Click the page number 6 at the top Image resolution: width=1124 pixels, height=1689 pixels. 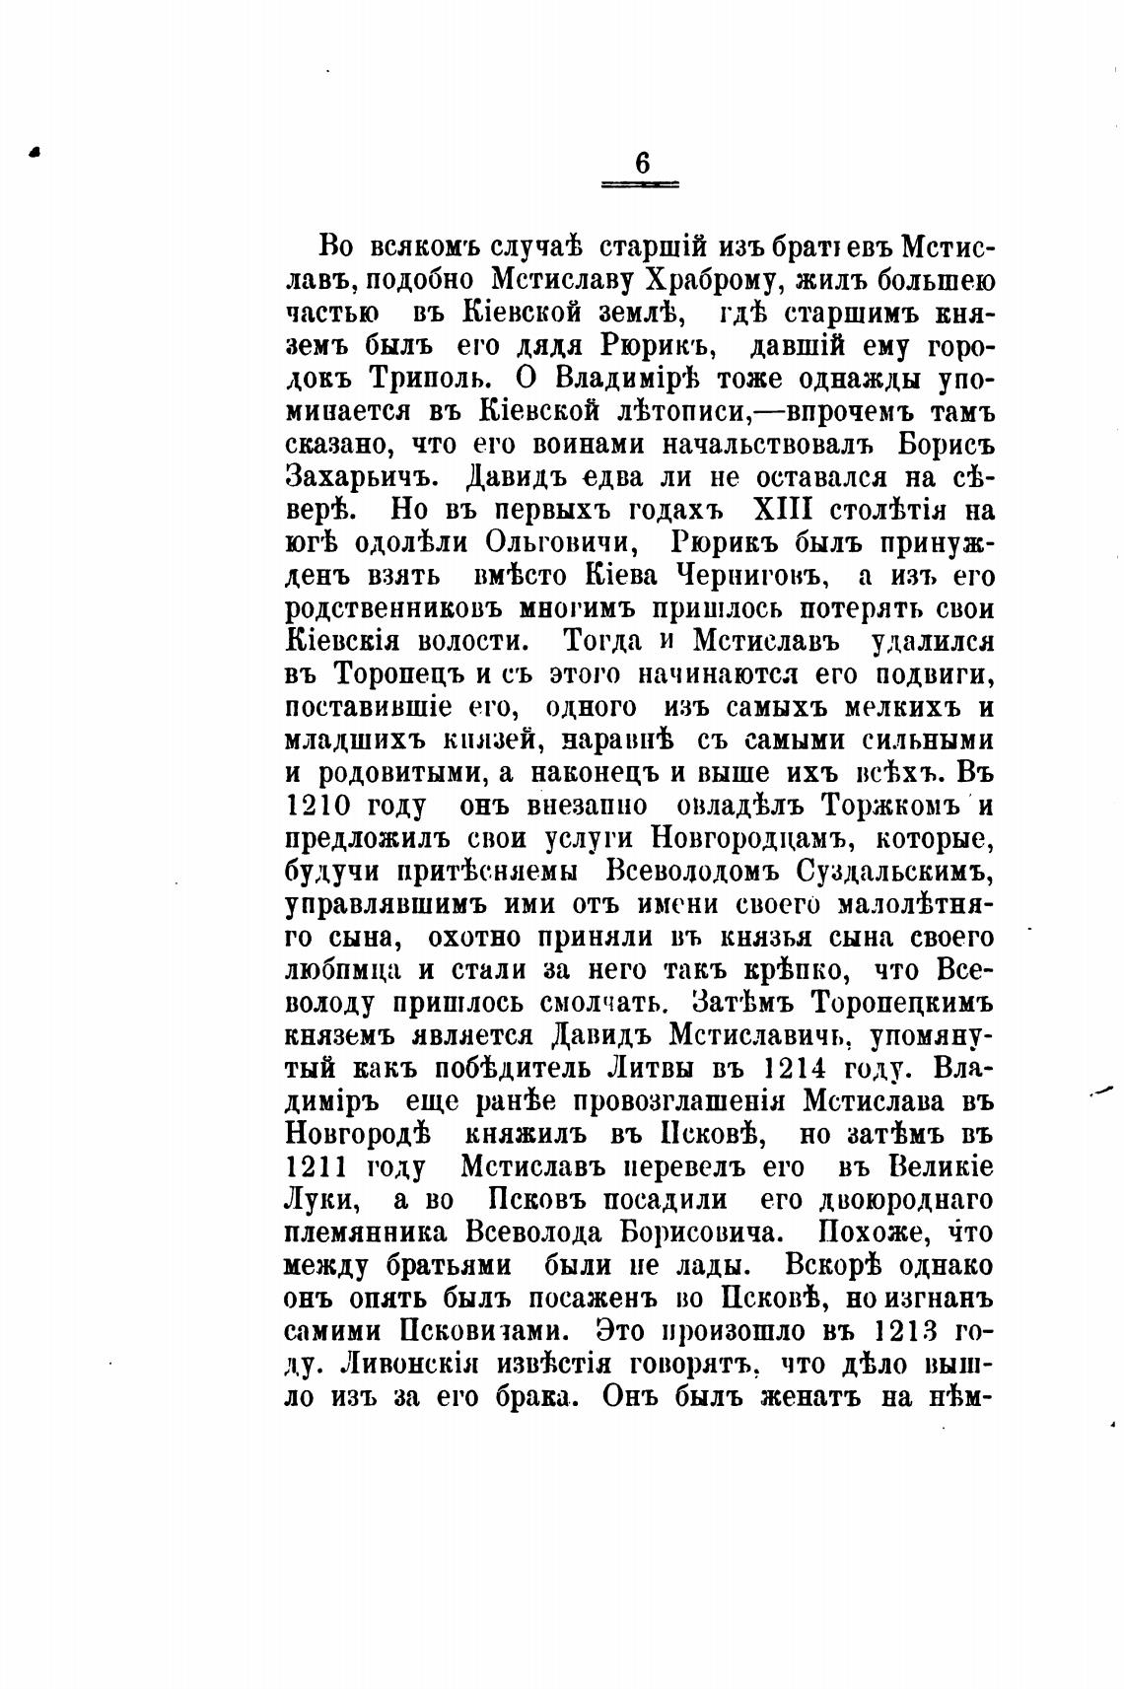[x=642, y=162]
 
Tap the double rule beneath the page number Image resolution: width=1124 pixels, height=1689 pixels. [x=642, y=184]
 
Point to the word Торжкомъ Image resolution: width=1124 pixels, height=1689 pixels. [x=888, y=807]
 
